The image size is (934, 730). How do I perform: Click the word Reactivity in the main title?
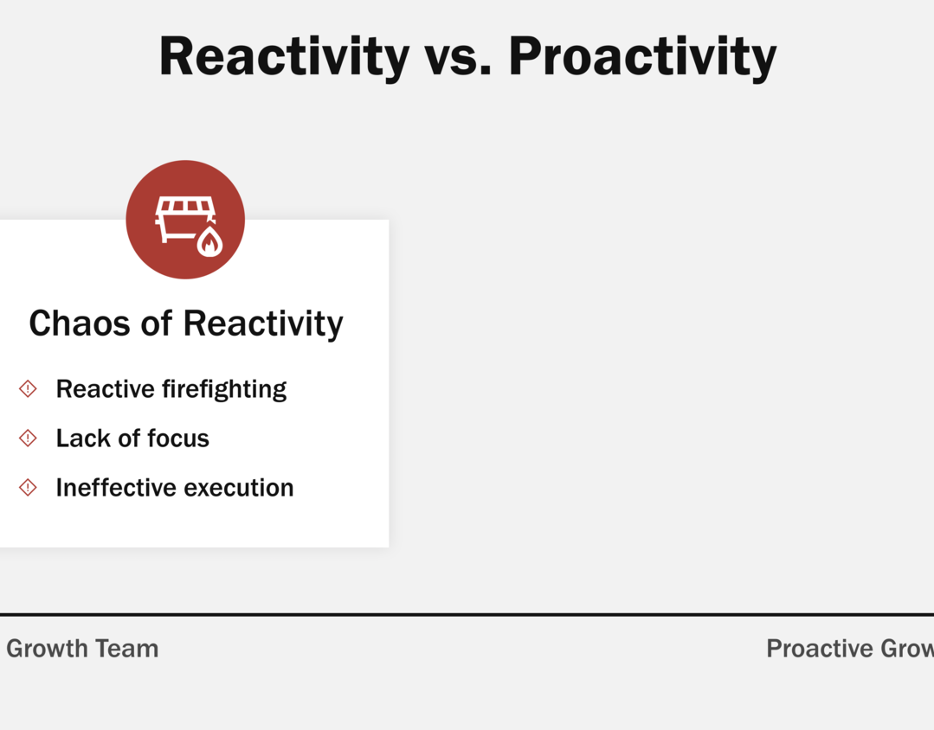point(284,57)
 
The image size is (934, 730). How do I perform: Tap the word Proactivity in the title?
point(642,57)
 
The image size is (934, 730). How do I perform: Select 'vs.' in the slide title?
point(457,61)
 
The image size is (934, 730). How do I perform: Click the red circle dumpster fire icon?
point(185,220)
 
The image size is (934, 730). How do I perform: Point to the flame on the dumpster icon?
point(209,241)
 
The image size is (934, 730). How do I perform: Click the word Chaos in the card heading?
point(80,323)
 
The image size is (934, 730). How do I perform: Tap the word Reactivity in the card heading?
point(262,324)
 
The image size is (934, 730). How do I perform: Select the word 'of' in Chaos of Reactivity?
point(156,323)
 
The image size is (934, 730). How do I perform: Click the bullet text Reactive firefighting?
point(171,389)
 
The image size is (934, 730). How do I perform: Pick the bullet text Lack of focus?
point(132,439)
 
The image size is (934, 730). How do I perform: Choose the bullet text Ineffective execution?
point(175,488)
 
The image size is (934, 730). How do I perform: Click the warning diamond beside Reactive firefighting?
point(28,389)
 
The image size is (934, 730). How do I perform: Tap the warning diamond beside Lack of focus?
point(28,439)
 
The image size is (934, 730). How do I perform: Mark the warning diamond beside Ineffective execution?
point(28,488)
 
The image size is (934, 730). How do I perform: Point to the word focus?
point(178,439)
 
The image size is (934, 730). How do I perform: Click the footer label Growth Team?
point(82,649)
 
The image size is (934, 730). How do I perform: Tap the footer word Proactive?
point(819,649)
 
